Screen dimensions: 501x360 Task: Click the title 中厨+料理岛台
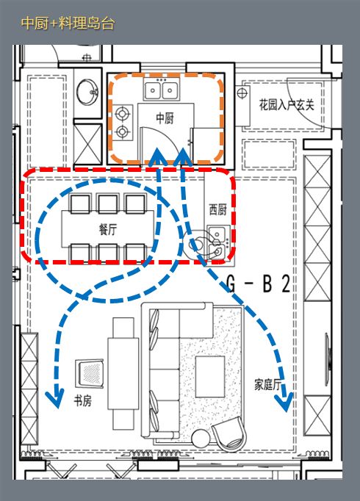[68, 23]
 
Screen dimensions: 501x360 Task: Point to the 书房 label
[82, 401]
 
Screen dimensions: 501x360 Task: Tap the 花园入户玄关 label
[287, 105]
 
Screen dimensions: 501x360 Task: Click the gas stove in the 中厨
[122, 123]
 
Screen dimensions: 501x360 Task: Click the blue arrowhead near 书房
[54, 397]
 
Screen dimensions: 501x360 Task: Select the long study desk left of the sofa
[122, 383]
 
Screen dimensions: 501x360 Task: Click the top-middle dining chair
[108, 203]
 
